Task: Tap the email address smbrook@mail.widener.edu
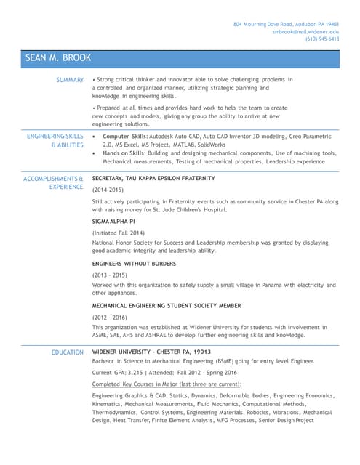(305, 31)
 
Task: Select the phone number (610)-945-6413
(321, 39)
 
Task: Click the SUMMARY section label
(70, 79)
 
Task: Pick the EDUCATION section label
(67, 352)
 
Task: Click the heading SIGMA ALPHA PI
(113, 219)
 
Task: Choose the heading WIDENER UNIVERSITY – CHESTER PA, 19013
(152, 352)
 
